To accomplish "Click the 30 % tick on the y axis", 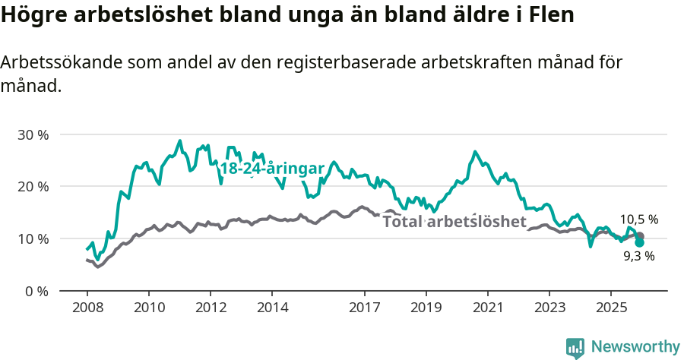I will (x=33, y=134).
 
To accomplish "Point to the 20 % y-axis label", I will (x=33, y=187).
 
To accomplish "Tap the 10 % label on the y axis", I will (x=33, y=238).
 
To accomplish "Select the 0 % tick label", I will (x=36, y=291).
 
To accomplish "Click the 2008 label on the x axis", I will (x=87, y=308).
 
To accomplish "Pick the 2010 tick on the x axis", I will (x=148, y=308).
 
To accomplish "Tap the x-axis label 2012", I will (x=211, y=308).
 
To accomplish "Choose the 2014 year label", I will (x=272, y=308).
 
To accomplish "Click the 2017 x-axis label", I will (x=364, y=308).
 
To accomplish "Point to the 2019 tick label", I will (x=426, y=308).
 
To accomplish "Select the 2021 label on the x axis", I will (x=487, y=308).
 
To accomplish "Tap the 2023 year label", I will (x=549, y=308).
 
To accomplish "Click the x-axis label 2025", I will (x=610, y=308).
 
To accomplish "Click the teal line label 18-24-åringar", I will (x=272, y=169).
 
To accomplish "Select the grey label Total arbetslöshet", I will (x=454, y=222).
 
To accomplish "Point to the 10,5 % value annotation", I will (x=638, y=219).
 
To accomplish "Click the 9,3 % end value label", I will (x=638, y=257).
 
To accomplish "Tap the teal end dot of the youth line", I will (x=639, y=242).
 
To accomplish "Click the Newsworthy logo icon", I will (x=575, y=347).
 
